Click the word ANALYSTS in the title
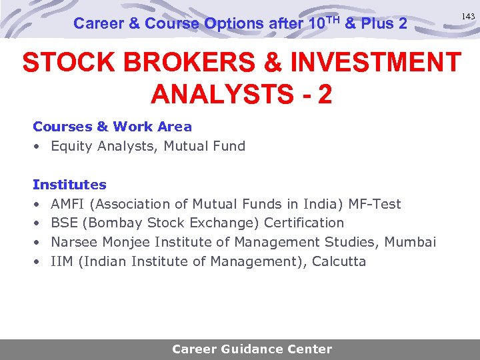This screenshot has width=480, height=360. pos(216,94)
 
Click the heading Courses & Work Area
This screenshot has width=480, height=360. pos(112,127)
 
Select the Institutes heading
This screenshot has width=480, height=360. pos(69,184)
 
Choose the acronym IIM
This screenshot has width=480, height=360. pos(62,261)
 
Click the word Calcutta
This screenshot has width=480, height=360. pos(339,261)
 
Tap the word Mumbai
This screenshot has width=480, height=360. pos(411,242)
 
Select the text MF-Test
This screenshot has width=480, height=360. pos(377,203)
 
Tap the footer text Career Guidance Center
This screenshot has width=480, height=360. pos(251,349)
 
